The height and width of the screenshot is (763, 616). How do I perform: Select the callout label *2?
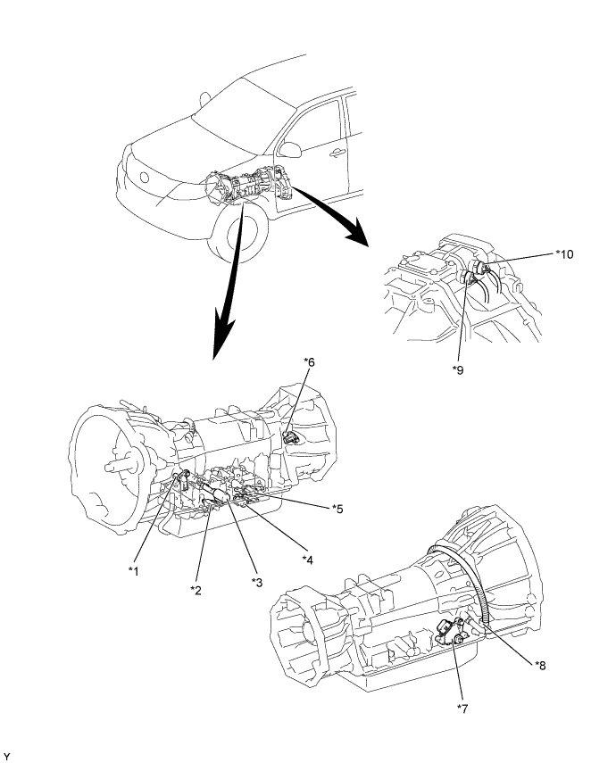(196, 589)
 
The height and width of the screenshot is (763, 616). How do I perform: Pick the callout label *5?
(337, 509)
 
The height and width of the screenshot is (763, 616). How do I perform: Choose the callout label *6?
(309, 361)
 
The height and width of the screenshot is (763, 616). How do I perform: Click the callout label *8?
(541, 664)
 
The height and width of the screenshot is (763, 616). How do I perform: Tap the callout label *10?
(563, 253)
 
